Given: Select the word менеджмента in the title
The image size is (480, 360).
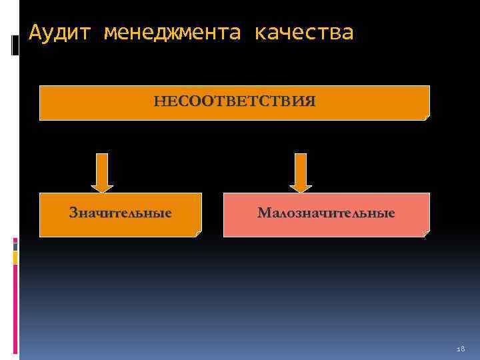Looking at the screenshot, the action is pos(171,31).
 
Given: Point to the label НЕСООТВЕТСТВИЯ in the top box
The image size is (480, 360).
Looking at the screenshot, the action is pos(235,101).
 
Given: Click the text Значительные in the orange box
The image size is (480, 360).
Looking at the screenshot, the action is pos(121,213).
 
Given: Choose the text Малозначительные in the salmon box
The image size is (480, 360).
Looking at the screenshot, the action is pos(326,213).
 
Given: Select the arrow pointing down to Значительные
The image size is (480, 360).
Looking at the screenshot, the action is pos(102,173).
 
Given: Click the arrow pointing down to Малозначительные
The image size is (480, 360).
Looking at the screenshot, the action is pos(301,173).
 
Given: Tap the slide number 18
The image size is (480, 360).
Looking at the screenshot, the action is pos(461,349).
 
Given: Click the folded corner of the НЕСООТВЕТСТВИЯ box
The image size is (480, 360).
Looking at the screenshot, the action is pos(427,117).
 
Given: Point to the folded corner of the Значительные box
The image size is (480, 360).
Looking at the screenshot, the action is pos(197,233).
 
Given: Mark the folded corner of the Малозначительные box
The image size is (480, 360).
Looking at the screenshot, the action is pos(427,233).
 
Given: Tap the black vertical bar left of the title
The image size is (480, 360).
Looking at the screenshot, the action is pos(15,45).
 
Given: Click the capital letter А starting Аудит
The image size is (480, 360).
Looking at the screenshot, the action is pos(35,31).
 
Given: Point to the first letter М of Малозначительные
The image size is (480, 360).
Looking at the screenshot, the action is pos(263,213).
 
